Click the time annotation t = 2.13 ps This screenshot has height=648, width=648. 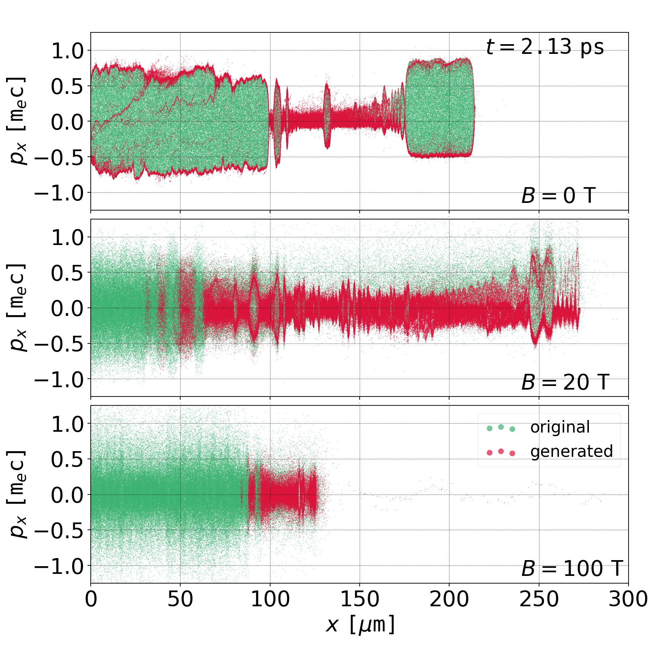[545, 47]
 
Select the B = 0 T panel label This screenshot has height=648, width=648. [558, 196]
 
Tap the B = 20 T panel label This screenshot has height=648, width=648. [565, 382]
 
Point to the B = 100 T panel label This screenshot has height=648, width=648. [571, 569]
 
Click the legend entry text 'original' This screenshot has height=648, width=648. [560, 427]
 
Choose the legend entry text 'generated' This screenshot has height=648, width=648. [571, 451]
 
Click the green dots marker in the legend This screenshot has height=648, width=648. [501, 428]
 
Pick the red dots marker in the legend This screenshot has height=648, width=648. [501, 452]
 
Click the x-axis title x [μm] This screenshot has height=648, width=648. [360, 625]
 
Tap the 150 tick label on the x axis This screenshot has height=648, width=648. [360, 599]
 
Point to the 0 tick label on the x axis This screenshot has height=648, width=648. [91, 599]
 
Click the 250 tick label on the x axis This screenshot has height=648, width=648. [539, 599]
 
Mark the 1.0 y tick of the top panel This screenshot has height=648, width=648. [67, 51]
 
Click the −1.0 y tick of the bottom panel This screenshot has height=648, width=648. [59, 566]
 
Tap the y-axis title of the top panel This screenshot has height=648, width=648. [17, 121]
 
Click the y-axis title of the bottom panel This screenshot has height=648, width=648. [17, 494]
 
